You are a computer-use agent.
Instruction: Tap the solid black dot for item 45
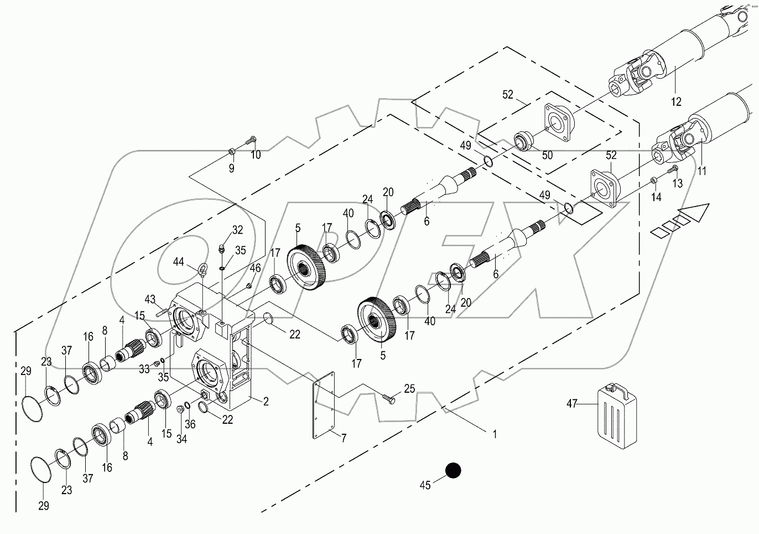(x=453, y=470)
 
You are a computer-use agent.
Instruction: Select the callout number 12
(x=676, y=102)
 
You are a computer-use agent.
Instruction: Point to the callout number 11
(x=701, y=171)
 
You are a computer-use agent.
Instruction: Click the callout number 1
(x=495, y=434)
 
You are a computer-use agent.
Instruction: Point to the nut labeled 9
(x=232, y=151)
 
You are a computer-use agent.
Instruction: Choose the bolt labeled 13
(x=673, y=169)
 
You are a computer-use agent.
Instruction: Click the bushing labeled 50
(x=523, y=139)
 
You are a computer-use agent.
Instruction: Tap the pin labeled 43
(x=163, y=312)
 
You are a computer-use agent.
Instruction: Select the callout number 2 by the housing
(x=266, y=402)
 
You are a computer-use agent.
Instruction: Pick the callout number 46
(x=254, y=268)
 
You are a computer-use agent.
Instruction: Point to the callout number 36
(x=190, y=424)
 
